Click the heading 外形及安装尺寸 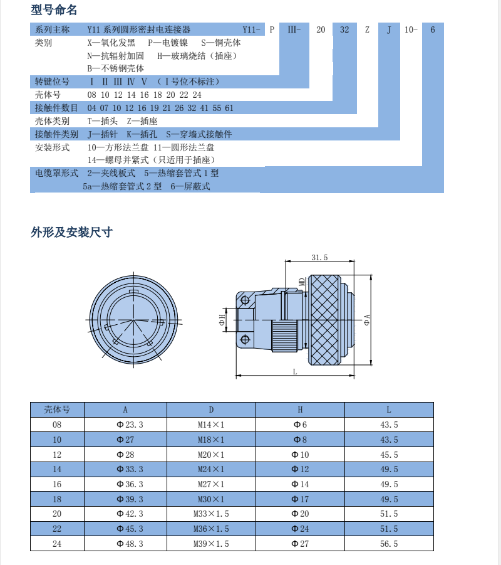tap(71, 232)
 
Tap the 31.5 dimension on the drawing tap(319, 258)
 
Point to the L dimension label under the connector tap(295, 371)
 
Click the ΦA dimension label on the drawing tap(366, 320)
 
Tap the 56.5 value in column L tap(389, 544)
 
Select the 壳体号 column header tap(57, 409)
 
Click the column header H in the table tap(300, 409)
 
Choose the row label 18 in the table tap(57, 499)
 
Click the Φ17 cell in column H tap(300, 499)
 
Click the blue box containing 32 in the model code tap(344, 29)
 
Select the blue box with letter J tap(389, 29)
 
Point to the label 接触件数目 tap(56, 108)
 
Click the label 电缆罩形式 tap(56, 172)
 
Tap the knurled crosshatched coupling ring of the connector tap(324, 320)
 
